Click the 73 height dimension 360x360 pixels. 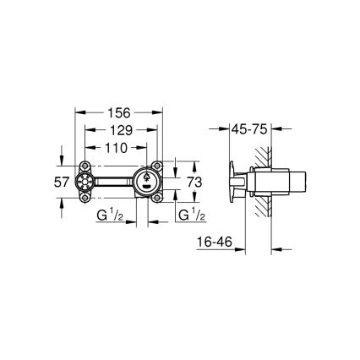[194, 182]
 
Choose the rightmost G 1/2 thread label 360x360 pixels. [188, 215]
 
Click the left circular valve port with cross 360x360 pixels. [87, 182]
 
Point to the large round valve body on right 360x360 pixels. [148, 181]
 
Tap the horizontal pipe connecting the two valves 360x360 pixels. [114, 182]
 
